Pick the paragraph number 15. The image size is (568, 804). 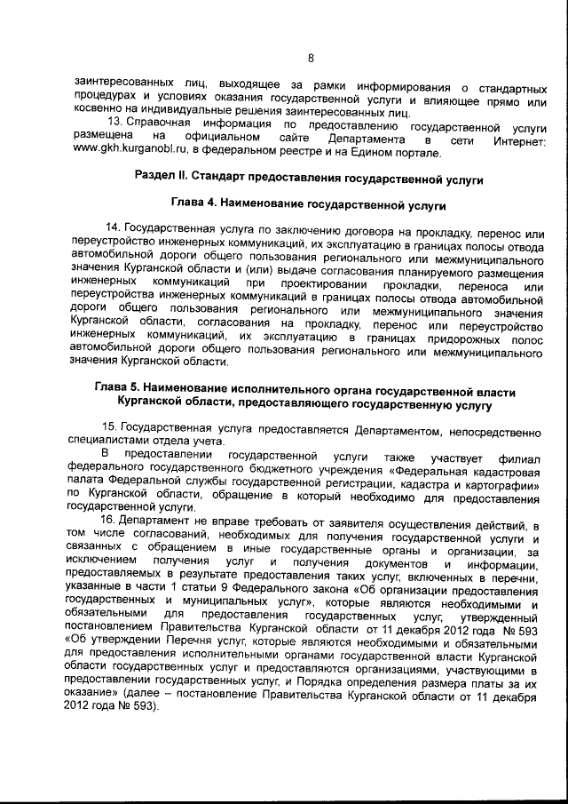112,429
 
